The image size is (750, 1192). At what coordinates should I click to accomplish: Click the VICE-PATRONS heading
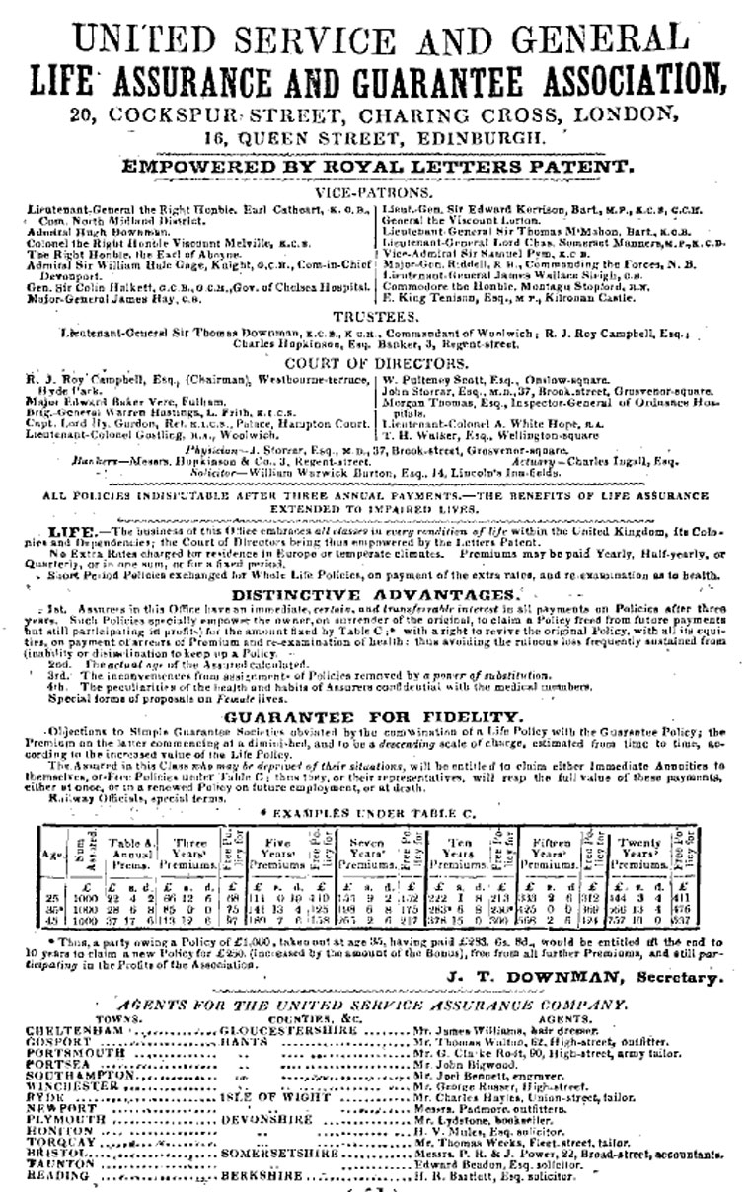pyautogui.click(x=375, y=194)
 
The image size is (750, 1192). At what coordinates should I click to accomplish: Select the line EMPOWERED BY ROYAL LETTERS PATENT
pyautogui.click(x=375, y=168)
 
